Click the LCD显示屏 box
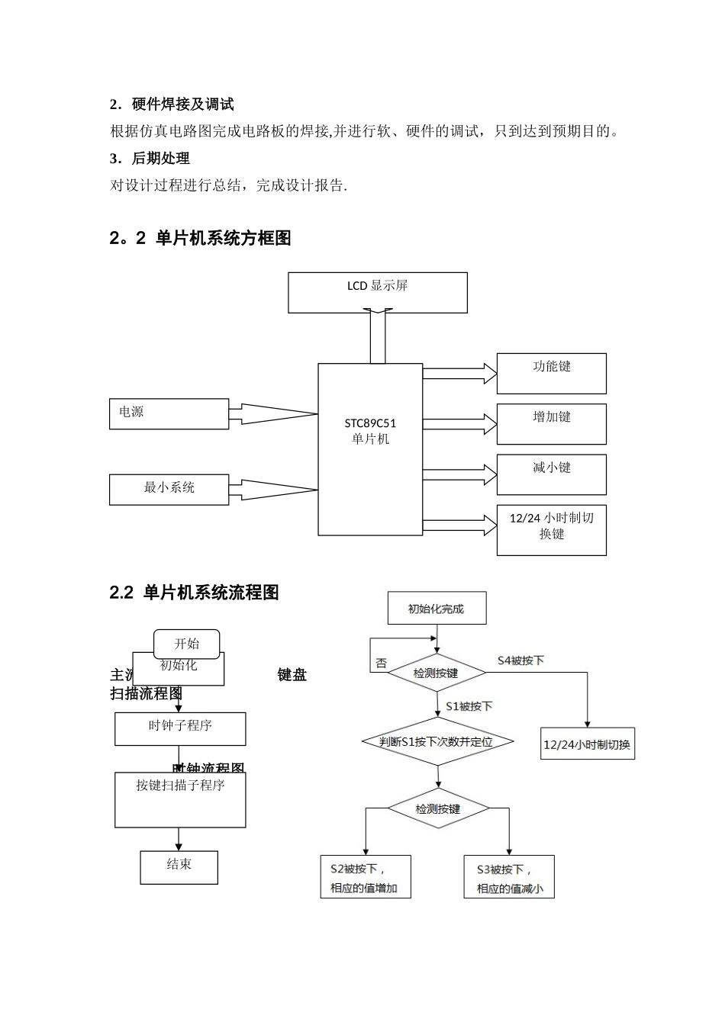pos(377,292)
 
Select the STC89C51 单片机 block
pos(370,448)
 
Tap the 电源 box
pos(169,413)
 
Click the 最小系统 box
pos(169,489)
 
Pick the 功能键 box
pos(551,373)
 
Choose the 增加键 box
pos(551,424)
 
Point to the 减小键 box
pos(551,474)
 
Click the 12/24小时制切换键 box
pos(551,529)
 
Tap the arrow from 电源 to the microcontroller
pos(273,414)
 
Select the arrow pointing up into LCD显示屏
pos(378,336)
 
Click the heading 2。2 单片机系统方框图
pos(201,239)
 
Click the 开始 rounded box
pos(187,644)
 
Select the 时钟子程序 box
pos(180,728)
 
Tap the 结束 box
pos(179,867)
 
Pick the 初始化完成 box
pos(437,609)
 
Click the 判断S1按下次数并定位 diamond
pos(437,741)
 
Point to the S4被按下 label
pos(520,660)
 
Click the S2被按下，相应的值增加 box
pos(365,877)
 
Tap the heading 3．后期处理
pos(150,159)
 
